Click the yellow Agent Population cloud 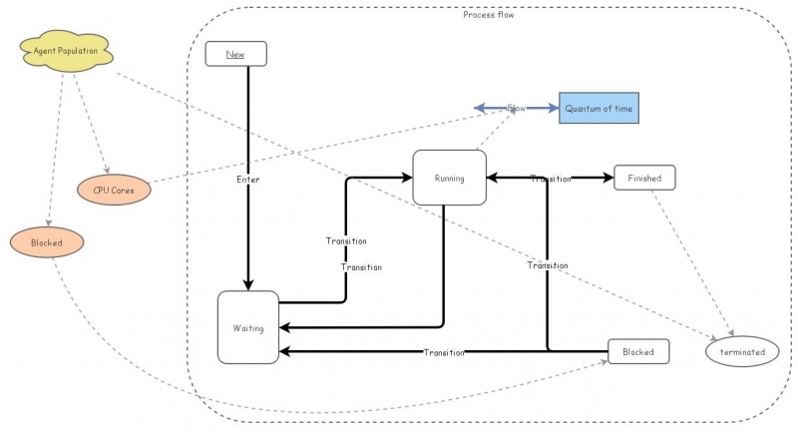click(x=63, y=50)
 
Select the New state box click(x=235, y=54)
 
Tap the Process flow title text click(x=489, y=14)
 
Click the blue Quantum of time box click(x=598, y=107)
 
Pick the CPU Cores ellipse click(x=115, y=187)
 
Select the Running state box click(x=449, y=178)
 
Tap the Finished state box click(x=644, y=178)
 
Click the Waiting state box click(x=248, y=327)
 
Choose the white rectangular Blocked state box click(x=638, y=351)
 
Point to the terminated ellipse click(x=741, y=351)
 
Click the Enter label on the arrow click(x=248, y=179)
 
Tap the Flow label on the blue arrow click(x=516, y=107)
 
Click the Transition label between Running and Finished click(x=551, y=179)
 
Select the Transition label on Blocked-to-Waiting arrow click(x=444, y=352)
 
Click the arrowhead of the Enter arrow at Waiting click(x=248, y=284)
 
